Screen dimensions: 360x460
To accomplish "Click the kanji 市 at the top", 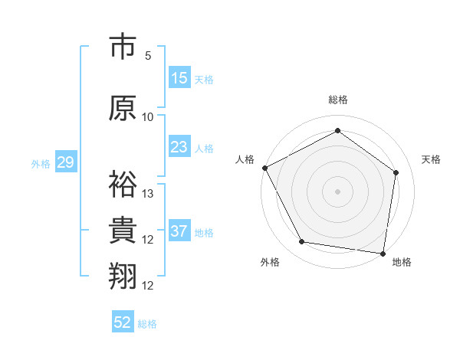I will pyautogui.click(x=124, y=47).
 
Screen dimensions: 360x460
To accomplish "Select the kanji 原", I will pyautogui.click(x=124, y=108).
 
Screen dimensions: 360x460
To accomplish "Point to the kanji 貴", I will pyautogui.click(x=124, y=231).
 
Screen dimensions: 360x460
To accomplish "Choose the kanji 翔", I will pyautogui.click(x=124, y=277).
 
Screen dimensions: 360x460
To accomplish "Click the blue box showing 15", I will pyautogui.click(x=179, y=78).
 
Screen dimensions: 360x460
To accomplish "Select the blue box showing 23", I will pyautogui.click(x=179, y=147).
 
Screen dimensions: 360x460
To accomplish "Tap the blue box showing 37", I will pyautogui.click(x=179, y=231).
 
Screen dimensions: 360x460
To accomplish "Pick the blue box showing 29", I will pyautogui.click(x=65, y=162).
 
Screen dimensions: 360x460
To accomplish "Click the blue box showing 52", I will pyautogui.click(x=123, y=322).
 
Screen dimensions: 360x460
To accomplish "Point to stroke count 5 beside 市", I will pyautogui.click(x=148, y=55).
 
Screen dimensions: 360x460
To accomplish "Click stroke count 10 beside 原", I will pyautogui.click(x=148, y=116).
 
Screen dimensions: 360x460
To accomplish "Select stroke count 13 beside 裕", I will pyautogui.click(x=148, y=193).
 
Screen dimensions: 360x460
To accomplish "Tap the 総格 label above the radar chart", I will pyautogui.click(x=337, y=100).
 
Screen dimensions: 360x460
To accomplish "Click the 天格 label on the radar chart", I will pyautogui.click(x=431, y=159).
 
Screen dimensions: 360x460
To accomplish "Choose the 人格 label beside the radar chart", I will pyautogui.click(x=245, y=159).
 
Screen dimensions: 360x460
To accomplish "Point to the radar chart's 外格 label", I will pyautogui.click(x=270, y=263).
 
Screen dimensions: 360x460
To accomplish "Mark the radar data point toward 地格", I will pyautogui.click(x=383, y=253).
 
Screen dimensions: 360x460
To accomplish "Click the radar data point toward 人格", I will pyautogui.click(x=264, y=168).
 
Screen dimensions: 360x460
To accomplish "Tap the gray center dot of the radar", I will pyautogui.click(x=337, y=191).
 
